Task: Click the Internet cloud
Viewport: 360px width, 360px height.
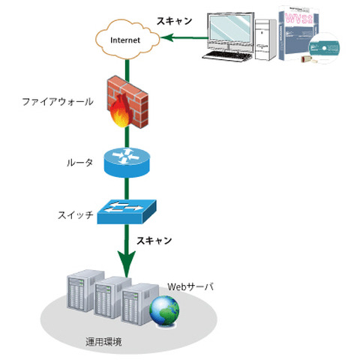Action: coord(123,38)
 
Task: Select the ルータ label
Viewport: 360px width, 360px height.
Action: coord(78,162)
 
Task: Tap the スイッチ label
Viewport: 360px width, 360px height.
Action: coord(75,215)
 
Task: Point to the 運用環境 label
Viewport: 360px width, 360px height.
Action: coord(106,342)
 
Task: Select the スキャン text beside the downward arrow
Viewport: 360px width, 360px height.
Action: coord(154,241)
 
